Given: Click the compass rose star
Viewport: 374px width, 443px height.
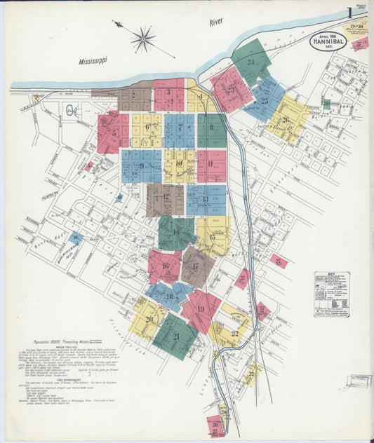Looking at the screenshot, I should pyautogui.click(x=143, y=39).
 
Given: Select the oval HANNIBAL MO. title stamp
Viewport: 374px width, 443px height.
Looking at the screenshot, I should pyautogui.click(x=328, y=41).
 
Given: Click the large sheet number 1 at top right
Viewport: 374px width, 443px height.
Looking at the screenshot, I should pyautogui.click(x=349, y=13).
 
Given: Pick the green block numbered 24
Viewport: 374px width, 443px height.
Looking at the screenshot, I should pyautogui.click(x=251, y=61).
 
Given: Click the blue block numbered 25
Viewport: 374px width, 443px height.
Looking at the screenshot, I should pyautogui.click(x=264, y=100).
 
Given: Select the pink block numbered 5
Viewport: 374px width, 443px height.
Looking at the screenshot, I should pyautogui.click(x=113, y=132).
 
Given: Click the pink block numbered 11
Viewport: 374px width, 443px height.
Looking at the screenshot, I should pyautogui.click(x=211, y=165).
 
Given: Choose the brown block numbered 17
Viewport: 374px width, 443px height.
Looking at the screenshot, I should pyautogui.click(x=197, y=266).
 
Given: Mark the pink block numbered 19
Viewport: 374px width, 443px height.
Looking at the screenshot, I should pyautogui.click(x=201, y=309).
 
